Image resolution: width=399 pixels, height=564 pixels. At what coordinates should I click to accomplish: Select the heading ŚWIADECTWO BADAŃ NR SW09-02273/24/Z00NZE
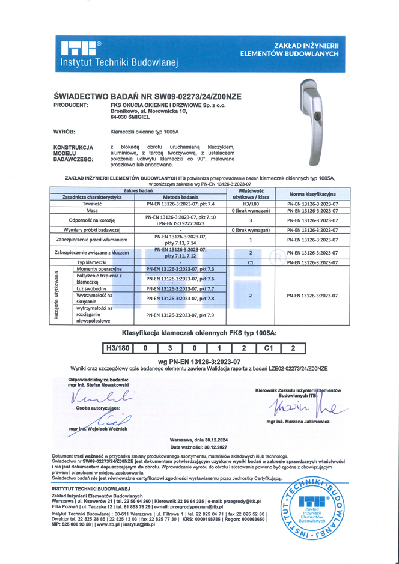pyautogui.click(x=147, y=96)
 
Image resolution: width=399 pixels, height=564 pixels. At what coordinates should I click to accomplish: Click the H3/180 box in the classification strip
pyautogui.click(x=117, y=348)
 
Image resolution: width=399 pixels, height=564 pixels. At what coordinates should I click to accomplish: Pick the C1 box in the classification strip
pyautogui.click(x=269, y=348)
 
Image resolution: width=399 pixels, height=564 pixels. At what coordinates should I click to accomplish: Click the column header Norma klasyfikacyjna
pyautogui.click(x=312, y=194)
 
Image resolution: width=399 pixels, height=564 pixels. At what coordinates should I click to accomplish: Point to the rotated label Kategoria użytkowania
pyautogui.click(x=56, y=299)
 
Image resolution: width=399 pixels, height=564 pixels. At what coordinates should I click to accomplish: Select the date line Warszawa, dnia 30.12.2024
pyautogui.click(x=199, y=440)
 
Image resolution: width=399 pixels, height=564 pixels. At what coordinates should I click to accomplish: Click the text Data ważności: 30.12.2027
pyautogui.click(x=199, y=447)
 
